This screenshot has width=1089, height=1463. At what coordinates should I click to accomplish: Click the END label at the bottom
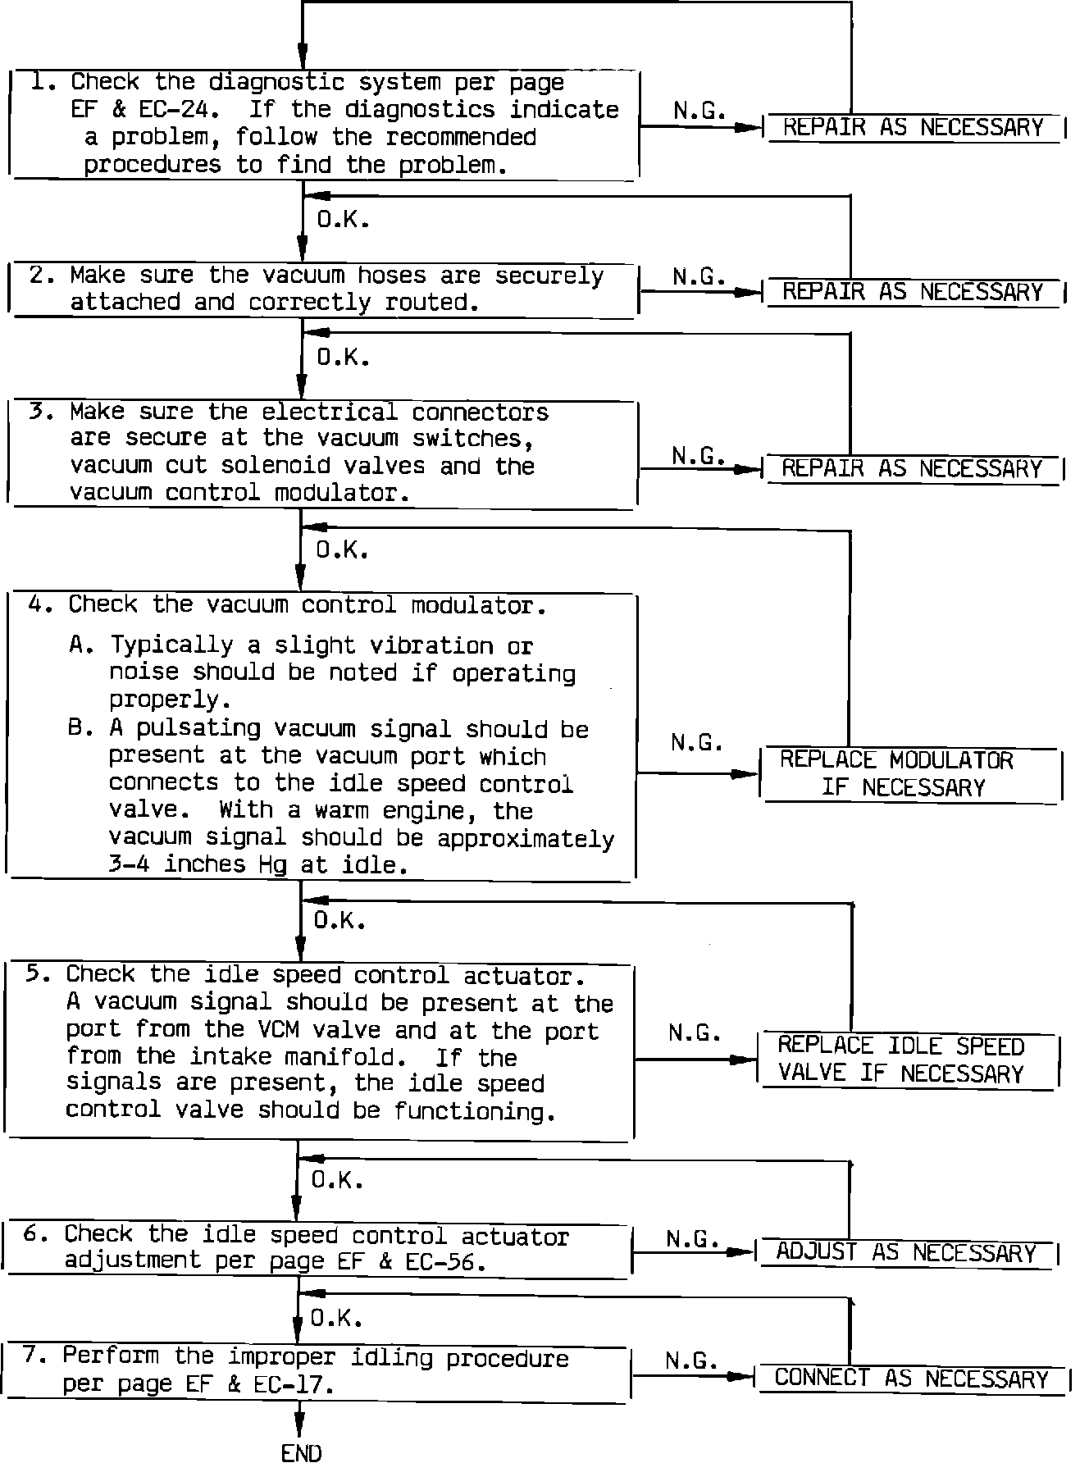tap(301, 1452)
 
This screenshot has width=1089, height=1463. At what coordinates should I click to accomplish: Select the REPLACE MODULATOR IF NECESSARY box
tap(911, 773)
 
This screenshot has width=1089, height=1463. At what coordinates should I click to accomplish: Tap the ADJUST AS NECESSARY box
tap(906, 1252)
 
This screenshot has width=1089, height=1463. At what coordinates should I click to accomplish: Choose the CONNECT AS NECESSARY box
tap(911, 1378)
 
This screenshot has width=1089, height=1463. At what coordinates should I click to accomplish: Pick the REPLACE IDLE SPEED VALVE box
tap(907, 1059)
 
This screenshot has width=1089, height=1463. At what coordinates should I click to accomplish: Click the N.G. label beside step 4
tap(696, 743)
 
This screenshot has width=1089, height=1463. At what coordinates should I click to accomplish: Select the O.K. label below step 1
tap(343, 221)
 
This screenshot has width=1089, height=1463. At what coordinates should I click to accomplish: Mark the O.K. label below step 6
tap(336, 1318)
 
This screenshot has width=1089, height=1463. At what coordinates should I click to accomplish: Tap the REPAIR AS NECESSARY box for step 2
tap(913, 292)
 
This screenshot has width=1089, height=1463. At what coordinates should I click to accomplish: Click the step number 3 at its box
tap(37, 411)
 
